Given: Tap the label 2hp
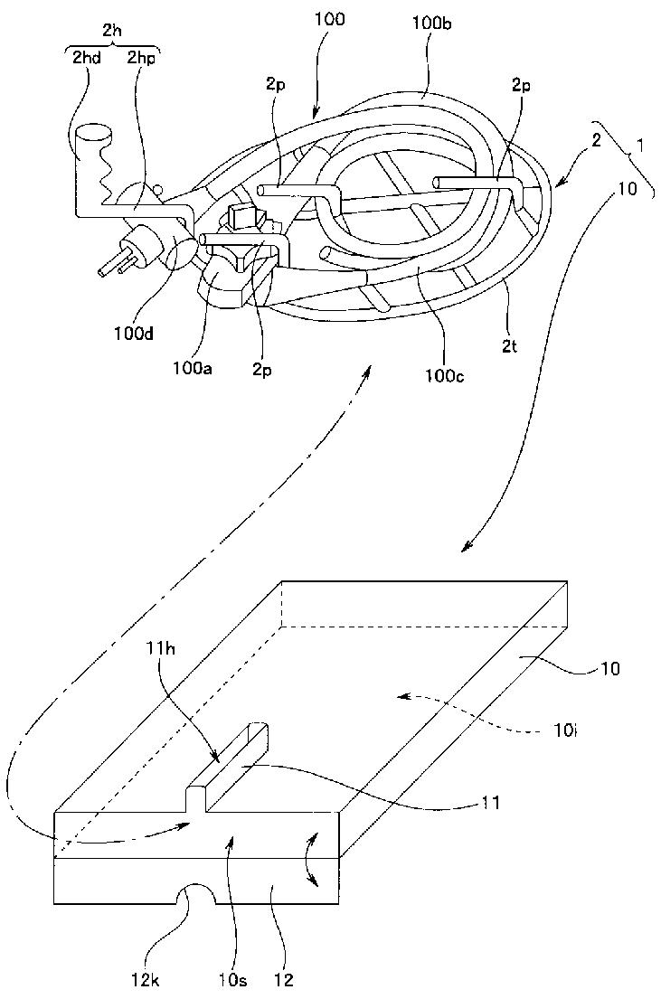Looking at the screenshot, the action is [139, 58].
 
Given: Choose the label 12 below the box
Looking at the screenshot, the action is [285, 977].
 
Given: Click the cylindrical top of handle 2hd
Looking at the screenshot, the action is [94, 135].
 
